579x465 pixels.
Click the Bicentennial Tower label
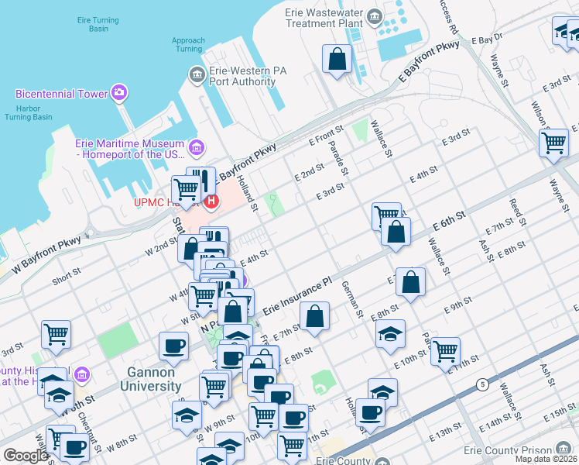point(61,94)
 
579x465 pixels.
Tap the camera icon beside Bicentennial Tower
point(119,93)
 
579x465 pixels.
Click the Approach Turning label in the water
point(188,44)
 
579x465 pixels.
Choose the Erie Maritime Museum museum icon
point(197,146)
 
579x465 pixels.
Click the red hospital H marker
point(211,201)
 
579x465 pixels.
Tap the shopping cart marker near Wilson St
point(553,143)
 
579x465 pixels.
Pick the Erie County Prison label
point(505,450)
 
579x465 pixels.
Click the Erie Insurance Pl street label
point(297,297)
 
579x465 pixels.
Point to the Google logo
point(25,456)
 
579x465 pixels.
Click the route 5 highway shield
point(483,384)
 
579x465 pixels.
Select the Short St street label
point(66,273)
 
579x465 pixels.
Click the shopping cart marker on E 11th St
point(444,350)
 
